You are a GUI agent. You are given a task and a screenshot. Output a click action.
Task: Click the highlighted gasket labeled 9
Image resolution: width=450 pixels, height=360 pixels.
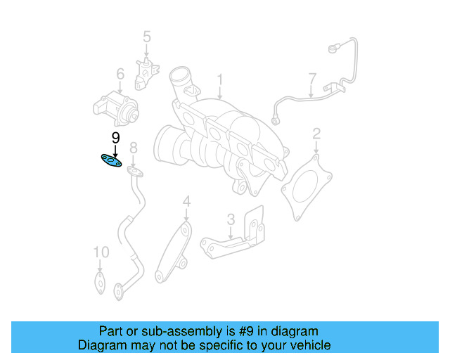click(111, 161)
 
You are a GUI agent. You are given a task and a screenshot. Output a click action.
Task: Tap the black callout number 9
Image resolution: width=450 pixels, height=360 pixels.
click(115, 138)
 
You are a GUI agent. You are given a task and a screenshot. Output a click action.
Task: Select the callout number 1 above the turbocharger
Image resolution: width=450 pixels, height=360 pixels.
click(219, 79)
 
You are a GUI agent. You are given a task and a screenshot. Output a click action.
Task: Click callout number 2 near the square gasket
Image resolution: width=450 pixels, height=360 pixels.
click(316, 133)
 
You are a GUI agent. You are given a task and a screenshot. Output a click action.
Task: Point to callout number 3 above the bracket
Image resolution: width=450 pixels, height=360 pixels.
click(231, 219)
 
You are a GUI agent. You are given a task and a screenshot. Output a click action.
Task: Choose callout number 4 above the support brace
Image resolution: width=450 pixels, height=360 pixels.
click(186, 202)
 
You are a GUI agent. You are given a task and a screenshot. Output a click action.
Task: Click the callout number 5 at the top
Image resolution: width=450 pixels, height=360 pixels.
click(147, 36)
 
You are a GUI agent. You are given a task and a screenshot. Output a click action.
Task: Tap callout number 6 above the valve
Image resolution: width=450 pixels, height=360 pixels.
click(120, 74)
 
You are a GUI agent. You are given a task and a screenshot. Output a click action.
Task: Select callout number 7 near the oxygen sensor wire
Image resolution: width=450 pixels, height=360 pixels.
click(312, 77)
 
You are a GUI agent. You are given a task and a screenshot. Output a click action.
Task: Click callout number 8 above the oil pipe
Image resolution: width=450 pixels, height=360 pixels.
click(133, 147)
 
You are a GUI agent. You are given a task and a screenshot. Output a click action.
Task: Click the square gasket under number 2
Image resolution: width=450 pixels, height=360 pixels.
click(305, 185)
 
